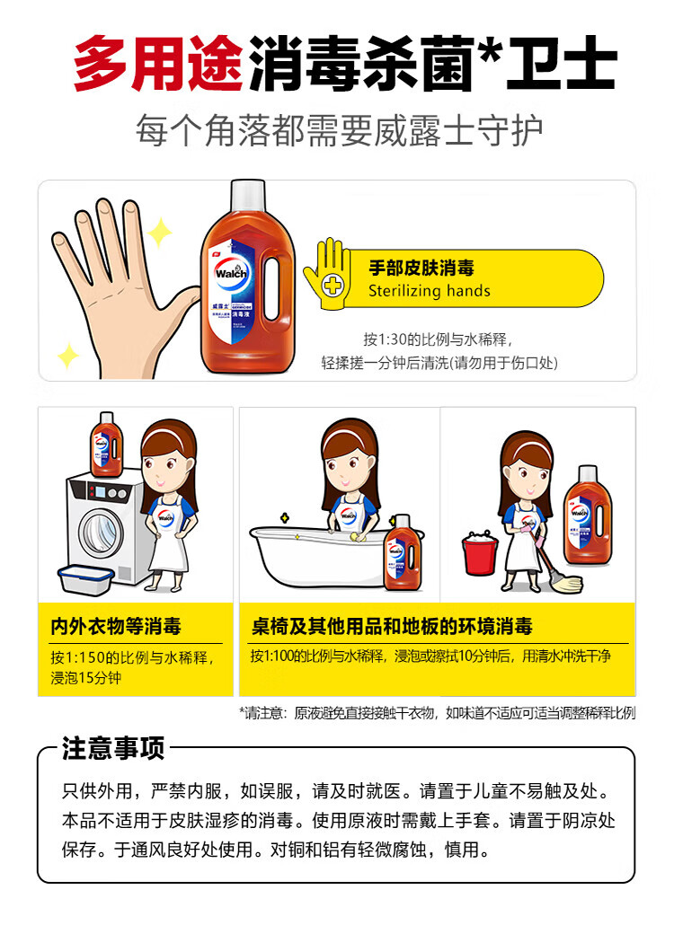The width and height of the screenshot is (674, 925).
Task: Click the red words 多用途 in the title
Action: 157,63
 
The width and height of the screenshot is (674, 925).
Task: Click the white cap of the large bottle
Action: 248,197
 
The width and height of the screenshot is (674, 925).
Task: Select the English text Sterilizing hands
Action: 429,291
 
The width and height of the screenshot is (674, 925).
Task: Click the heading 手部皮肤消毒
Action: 421,268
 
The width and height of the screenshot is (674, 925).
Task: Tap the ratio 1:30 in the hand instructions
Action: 391,339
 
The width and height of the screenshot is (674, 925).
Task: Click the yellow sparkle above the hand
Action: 159,232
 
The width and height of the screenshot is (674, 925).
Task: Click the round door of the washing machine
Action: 102,533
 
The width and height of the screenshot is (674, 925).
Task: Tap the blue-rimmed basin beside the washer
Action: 85,580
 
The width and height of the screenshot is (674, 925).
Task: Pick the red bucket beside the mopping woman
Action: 480,553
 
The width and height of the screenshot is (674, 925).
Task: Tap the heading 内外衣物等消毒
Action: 116,627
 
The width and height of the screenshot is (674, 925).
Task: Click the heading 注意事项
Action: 113,749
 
